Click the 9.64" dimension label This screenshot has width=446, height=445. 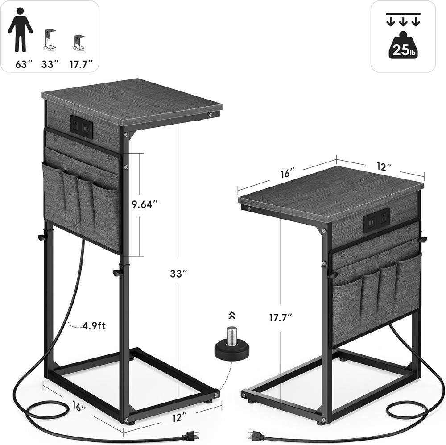click(x=145, y=204)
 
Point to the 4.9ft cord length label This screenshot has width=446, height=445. click(x=94, y=325)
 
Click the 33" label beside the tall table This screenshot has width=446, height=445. click(x=179, y=274)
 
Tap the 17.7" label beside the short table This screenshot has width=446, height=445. click(x=281, y=317)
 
